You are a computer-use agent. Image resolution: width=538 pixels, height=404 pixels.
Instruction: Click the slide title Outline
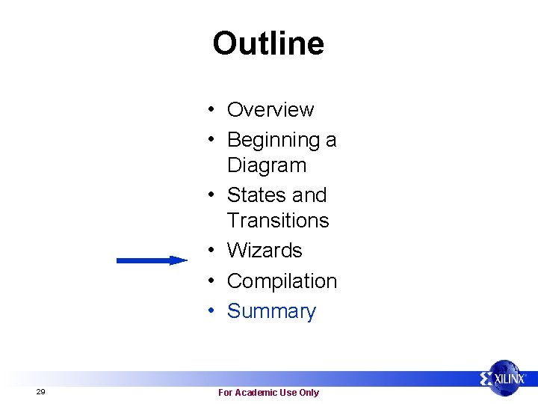click(x=268, y=43)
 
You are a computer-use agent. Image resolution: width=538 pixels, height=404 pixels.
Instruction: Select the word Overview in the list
click(x=270, y=110)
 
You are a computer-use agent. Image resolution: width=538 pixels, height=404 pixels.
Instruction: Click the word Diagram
click(x=267, y=165)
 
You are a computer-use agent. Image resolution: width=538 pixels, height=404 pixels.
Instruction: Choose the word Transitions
click(x=278, y=221)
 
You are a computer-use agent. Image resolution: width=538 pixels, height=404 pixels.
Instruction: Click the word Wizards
click(x=265, y=251)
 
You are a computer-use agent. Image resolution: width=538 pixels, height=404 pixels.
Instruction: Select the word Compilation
click(x=282, y=281)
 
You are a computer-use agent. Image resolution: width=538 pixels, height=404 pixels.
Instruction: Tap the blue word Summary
click(x=271, y=311)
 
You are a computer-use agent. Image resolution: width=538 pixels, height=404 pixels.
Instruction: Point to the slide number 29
click(x=40, y=392)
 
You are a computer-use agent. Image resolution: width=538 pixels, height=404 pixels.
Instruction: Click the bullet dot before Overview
click(x=213, y=110)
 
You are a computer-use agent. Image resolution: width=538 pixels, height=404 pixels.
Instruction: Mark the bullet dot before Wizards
click(x=213, y=251)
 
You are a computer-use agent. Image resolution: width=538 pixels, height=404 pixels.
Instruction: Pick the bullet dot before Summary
click(x=213, y=311)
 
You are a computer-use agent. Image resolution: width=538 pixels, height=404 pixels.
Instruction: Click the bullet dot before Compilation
click(x=213, y=281)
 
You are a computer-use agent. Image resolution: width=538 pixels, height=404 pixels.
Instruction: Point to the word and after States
click(x=309, y=195)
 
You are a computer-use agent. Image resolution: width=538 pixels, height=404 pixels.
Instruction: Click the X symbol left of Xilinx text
click(x=487, y=379)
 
